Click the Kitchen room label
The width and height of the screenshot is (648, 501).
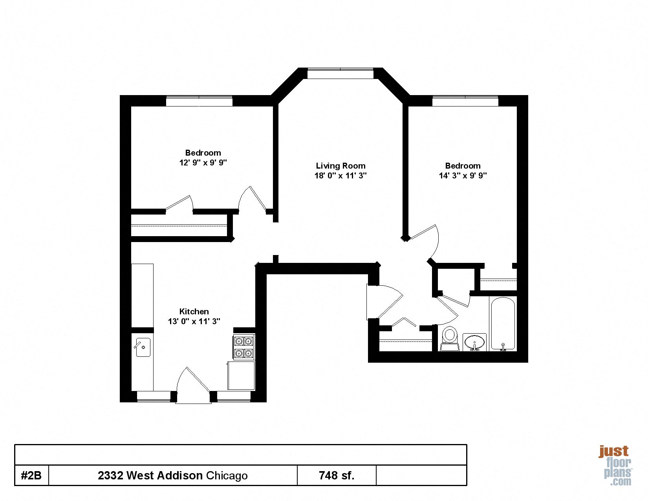194,312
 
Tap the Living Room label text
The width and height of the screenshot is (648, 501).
340,166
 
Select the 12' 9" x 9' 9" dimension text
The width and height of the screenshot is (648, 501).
203,162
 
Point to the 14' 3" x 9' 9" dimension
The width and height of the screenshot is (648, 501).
463,176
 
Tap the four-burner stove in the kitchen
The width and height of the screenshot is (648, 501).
243,347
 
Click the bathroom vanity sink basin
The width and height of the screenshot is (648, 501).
474,342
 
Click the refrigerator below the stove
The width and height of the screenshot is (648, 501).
241,375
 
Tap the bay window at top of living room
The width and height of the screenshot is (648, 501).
340,73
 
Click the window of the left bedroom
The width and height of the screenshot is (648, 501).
199,101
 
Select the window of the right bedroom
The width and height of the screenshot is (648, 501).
465,101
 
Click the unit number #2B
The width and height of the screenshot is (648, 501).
31,475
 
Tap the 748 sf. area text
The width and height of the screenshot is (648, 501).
337,475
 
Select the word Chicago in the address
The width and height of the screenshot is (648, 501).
227,476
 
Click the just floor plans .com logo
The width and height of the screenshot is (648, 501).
615,465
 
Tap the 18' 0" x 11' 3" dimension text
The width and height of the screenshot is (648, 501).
340,176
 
